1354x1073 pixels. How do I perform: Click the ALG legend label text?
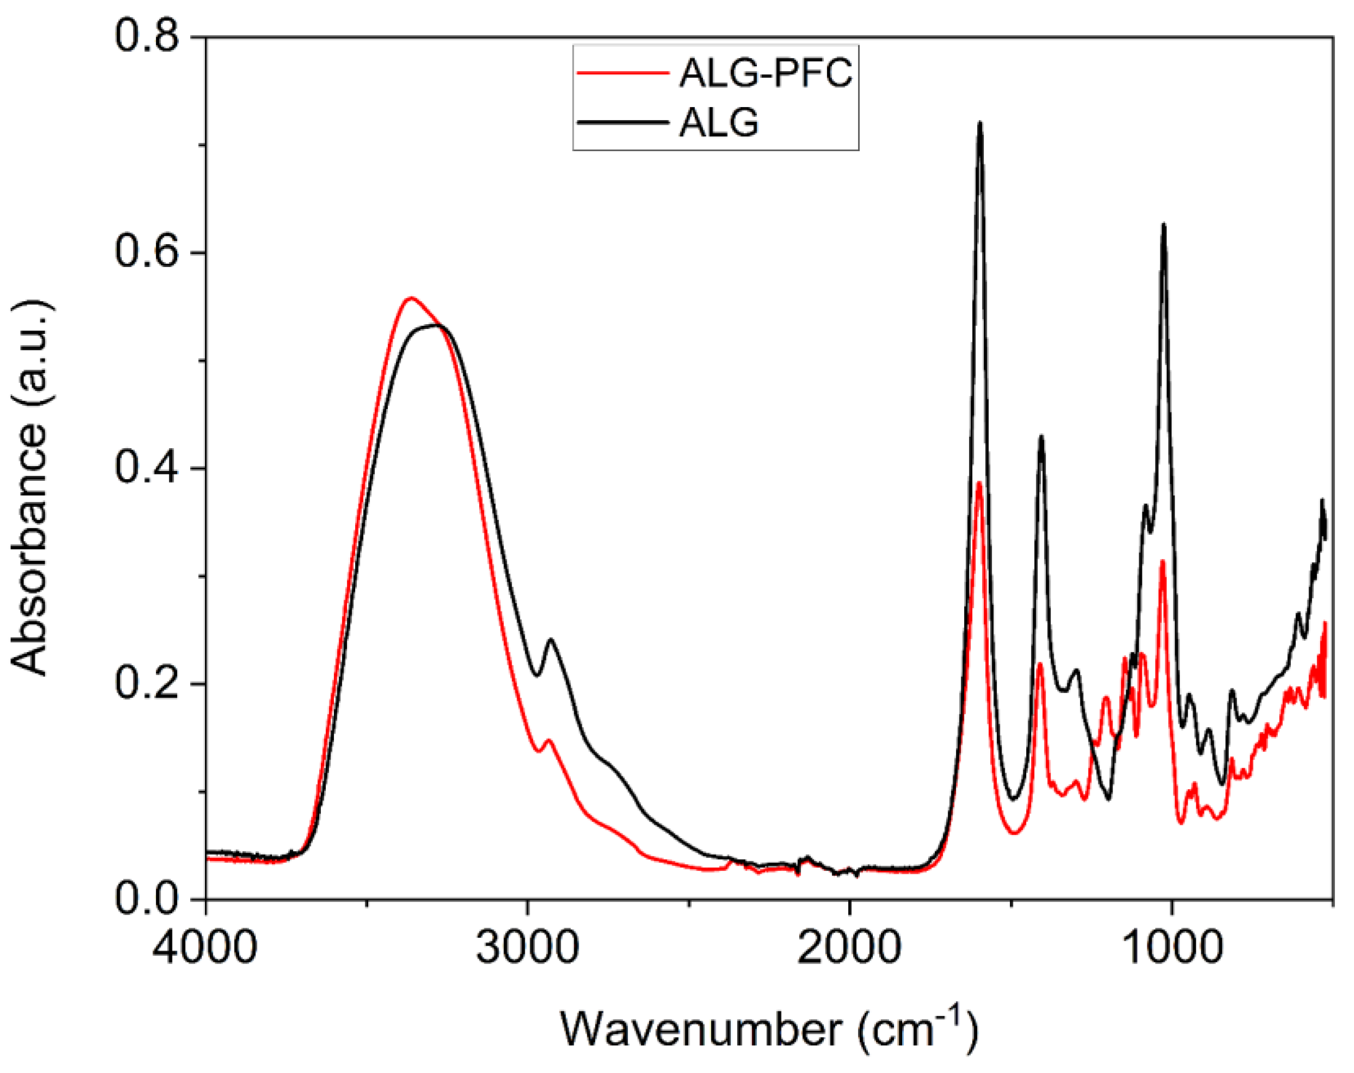[719, 122]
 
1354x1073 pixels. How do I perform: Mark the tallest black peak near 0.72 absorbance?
[980, 124]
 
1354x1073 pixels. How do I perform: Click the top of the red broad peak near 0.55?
[411, 299]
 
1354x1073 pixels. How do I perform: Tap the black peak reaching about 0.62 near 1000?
[1164, 225]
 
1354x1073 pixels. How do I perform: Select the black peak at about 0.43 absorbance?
[1041, 437]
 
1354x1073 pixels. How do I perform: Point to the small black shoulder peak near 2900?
[551, 640]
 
